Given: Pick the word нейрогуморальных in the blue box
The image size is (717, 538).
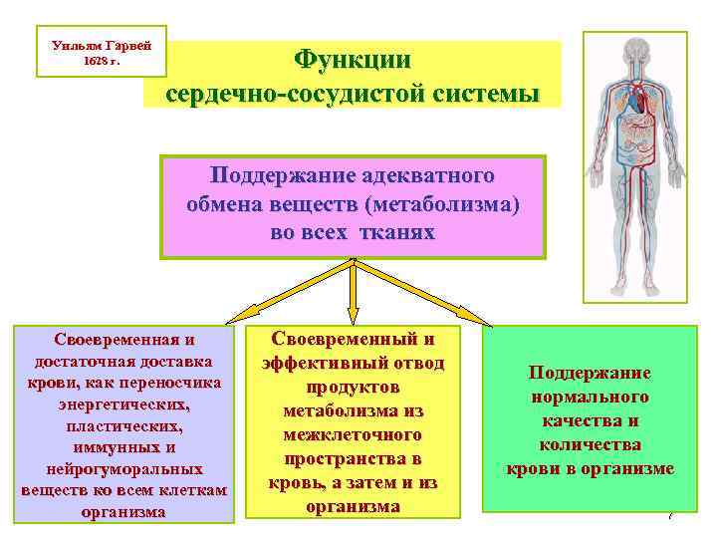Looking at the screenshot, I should point(123,468).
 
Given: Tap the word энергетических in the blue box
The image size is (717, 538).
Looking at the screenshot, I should point(123,406).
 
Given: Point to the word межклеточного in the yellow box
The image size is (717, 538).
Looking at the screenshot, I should point(353,434).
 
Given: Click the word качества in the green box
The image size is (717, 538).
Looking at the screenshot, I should point(591,420).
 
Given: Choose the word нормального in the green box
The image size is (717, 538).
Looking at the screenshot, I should point(590,397).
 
